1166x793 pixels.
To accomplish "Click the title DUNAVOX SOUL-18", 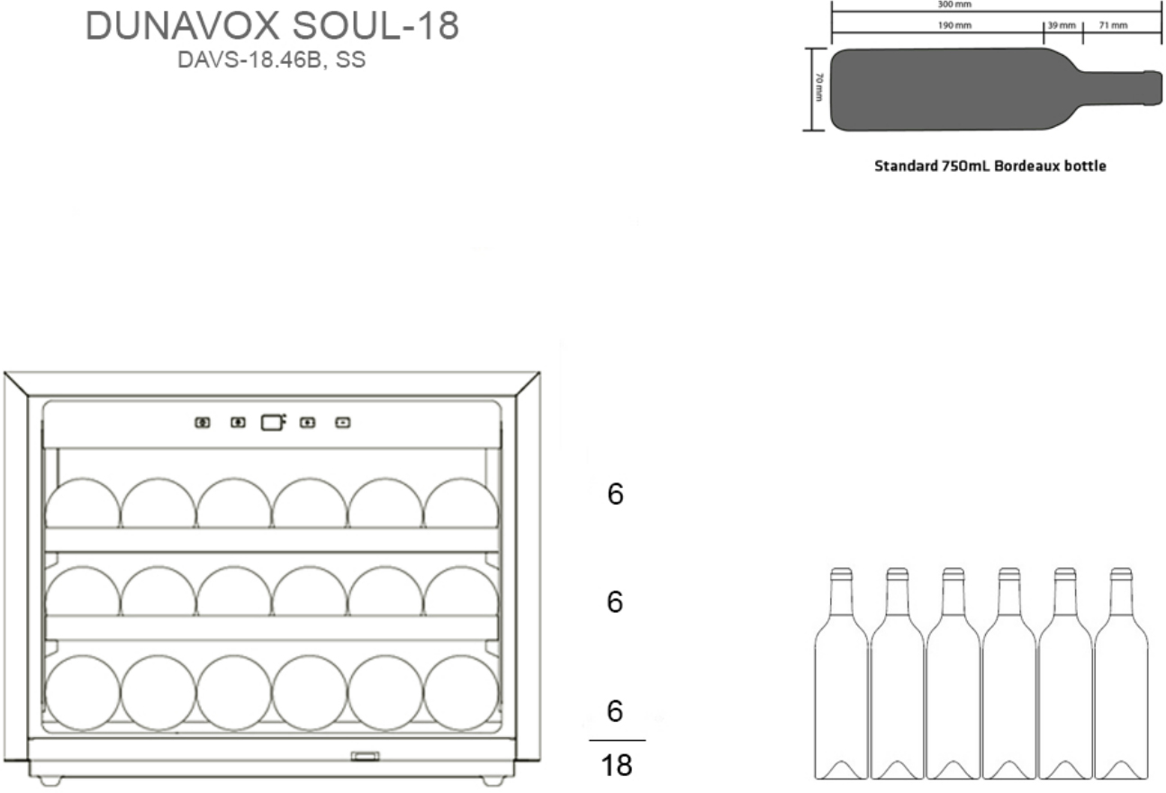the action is (272, 25).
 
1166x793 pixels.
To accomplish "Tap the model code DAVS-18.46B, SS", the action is (272, 59).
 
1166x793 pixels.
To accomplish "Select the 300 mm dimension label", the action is (954, 5).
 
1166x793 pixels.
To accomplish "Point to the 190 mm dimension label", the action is (954, 25).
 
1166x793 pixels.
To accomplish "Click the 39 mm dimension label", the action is (1062, 25).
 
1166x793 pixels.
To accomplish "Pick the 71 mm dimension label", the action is (1114, 25).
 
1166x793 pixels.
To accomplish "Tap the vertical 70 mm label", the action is (818, 87).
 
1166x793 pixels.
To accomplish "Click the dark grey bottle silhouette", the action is (995, 89).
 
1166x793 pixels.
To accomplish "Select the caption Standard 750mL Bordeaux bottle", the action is (990, 166).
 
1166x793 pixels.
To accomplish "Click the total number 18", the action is (616, 765).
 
